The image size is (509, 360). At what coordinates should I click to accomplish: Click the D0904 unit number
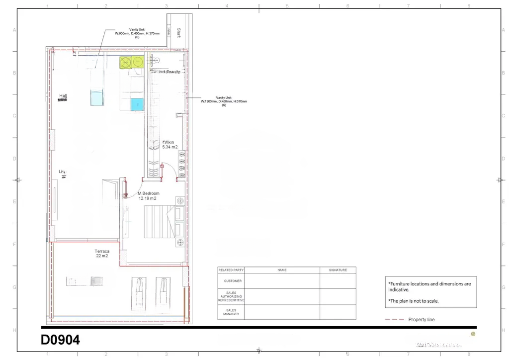point(60,341)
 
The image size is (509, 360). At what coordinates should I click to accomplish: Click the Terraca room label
point(102,251)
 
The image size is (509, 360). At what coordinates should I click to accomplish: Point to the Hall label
point(63,95)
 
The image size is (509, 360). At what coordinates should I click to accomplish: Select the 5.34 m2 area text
point(170,147)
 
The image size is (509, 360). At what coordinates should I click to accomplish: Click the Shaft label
point(179,32)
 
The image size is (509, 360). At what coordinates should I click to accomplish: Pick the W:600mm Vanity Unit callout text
point(137,34)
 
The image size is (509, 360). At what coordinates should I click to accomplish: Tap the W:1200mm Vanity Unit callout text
point(224,101)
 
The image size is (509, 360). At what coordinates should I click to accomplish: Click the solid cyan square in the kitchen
point(137,104)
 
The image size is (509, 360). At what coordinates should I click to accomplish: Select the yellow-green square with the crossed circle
point(126,62)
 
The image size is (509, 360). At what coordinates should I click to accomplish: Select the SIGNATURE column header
point(338,270)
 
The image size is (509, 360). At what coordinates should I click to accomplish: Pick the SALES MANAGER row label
point(231,312)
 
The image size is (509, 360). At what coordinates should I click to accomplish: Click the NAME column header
point(282,270)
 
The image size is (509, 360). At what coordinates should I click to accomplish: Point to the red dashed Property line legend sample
point(394,320)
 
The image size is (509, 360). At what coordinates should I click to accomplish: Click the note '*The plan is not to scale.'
point(414,301)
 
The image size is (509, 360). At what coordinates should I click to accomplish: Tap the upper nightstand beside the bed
point(179,201)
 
